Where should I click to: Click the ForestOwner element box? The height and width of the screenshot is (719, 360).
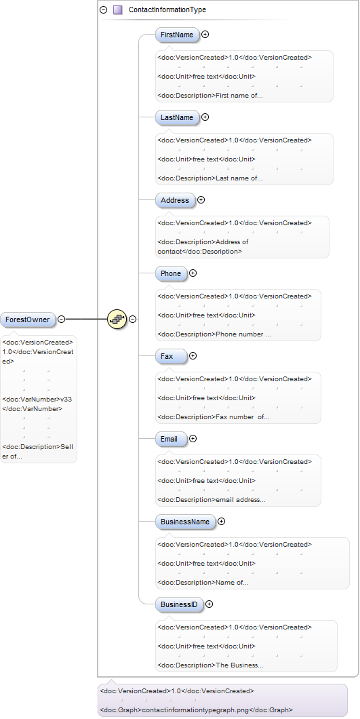tap(28, 319)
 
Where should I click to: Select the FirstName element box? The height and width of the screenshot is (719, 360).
tap(178, 35)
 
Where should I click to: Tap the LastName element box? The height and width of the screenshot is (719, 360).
tap(178, 117)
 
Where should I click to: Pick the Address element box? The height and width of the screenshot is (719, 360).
tap(175, 200)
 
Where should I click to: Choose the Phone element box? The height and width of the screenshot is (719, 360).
tap(171, 273)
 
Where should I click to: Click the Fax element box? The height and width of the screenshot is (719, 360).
tap(171, 356)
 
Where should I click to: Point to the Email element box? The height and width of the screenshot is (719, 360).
tap(171, 439)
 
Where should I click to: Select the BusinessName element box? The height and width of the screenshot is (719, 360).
tap(185, 522)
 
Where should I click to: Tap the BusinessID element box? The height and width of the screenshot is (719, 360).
tap(179, 604)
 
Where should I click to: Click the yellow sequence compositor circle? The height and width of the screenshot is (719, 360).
tap(117, 319)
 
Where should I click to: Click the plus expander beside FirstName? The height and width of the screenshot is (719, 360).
tap(205, 34)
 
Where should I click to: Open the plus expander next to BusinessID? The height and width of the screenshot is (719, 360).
tap(209, 604)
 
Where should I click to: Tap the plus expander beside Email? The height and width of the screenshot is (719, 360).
tap(193, 438)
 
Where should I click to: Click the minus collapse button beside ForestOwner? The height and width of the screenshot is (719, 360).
tap(61, 319)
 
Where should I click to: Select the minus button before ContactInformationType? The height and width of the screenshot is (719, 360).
tap(104, 9)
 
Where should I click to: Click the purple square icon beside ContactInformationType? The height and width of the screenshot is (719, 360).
tap(118, 9)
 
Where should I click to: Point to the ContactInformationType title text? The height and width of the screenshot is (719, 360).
tap(167, 9)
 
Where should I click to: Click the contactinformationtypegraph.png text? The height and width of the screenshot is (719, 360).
tap(196, 710)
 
